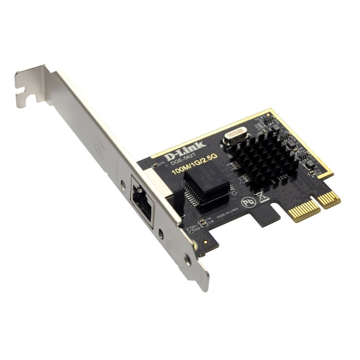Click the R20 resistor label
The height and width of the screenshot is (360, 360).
click(197, 228)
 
